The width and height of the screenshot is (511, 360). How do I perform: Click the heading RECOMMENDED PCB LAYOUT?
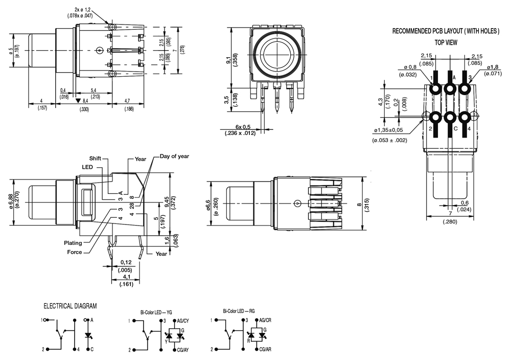click(x=446, y=31)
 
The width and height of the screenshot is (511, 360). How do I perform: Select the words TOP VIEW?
click(x=446, y=42)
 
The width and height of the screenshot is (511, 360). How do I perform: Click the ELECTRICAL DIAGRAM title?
click(x=70, y=306)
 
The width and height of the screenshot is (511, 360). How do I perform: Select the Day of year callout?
click(x=175, y=156)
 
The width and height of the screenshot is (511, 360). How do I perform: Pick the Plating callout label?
click(x=73, y=243)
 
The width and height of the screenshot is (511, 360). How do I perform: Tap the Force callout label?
click(x=75, y=252)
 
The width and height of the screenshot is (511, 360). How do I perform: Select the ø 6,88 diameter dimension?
click(x=11, y=202)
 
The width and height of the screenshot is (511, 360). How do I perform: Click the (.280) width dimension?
click(x=450, y=222)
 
